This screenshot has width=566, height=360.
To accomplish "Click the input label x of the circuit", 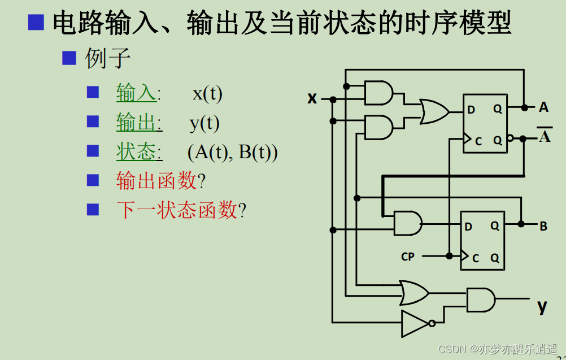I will click(x=312, y=98).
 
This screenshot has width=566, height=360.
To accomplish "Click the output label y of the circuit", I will click(x=542, y=306).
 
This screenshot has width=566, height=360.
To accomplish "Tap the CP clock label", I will click(x=408, y=257).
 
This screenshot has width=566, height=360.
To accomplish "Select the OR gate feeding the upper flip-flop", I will click(x=433, y=111).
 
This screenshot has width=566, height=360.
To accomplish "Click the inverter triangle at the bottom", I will click(x=416, y=323).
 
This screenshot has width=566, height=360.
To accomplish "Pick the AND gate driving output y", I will click(x=480, y=300).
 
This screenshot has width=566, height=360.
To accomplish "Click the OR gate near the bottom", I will click(x=413, y=292).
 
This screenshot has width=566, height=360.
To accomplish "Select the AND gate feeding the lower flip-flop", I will click(x=407, y=223).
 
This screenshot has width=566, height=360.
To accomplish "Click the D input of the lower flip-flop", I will click(x=468, y=227).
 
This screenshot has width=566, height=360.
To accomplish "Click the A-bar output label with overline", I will click(x=544, y=136).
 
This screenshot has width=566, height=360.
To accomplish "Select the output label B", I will click(x=543, y=227).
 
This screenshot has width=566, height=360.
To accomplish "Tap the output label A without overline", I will click(x=543, y=107).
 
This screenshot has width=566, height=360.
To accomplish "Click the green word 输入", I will click(x=136, y=93).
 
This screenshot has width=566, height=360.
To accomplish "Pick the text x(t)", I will click(x=207, y=93).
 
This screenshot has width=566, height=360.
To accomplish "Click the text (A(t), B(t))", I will click(x=232, y=153).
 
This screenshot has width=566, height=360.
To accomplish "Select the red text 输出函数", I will click(x=156, y=181).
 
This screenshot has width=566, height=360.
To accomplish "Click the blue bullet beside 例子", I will click(x=69, y=58).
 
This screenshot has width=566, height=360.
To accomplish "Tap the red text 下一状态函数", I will click(x=177, y=210).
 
